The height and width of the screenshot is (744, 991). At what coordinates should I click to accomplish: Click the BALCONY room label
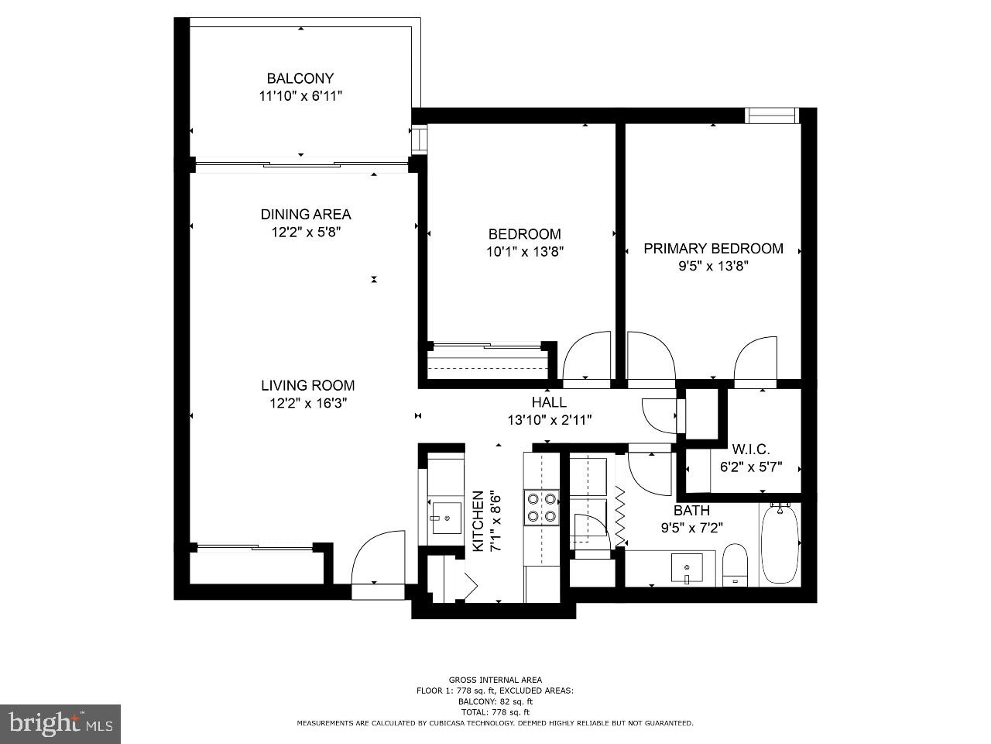300,78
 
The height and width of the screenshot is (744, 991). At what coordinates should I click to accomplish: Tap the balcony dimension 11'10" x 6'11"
300,96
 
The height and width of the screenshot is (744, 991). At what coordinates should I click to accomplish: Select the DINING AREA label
306,215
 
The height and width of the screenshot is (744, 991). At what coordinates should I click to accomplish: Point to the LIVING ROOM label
307,385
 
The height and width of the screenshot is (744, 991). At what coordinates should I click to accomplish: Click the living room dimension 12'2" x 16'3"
307,403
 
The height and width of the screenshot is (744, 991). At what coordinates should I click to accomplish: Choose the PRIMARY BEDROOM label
713,249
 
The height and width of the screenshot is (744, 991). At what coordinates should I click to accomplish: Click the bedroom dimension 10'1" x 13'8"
524,251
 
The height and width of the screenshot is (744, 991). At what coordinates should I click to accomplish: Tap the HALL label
549,402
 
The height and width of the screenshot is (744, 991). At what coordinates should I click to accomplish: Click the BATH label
691,511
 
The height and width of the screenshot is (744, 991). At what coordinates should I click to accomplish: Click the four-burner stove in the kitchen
541,508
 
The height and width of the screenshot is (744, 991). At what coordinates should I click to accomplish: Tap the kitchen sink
446,518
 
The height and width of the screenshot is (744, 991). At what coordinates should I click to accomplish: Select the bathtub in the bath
780,544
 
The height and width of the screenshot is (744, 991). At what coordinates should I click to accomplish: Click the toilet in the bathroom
734,565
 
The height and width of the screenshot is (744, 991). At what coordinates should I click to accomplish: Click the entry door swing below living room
378,558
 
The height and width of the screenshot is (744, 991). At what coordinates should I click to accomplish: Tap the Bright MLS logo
60,724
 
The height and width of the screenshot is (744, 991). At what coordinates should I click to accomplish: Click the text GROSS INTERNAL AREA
495,680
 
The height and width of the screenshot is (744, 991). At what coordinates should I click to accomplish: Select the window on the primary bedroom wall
771,115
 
